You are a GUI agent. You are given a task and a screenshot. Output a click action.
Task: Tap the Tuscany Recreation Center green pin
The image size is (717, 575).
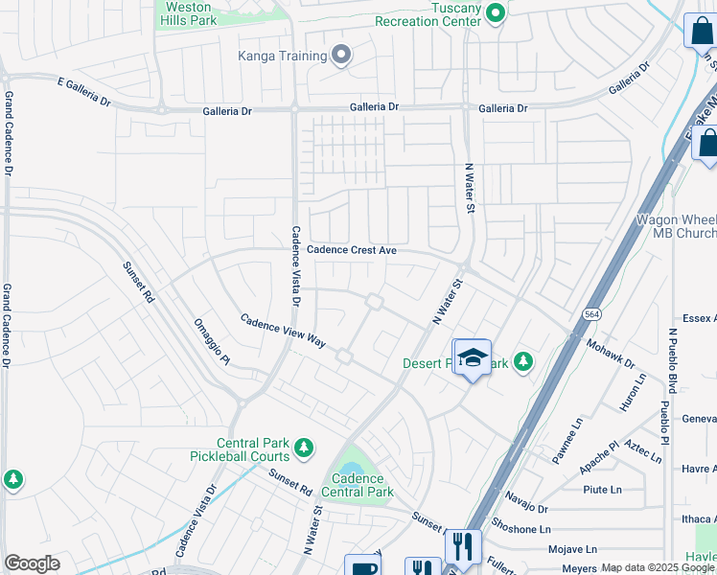(x=496, y=12)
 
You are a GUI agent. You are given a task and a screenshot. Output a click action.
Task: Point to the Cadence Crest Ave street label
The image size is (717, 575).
(x=352, y=250)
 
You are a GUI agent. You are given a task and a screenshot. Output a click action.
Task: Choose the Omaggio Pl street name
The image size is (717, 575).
(x=212, y=342)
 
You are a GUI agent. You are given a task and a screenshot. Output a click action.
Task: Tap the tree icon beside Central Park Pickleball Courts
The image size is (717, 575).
(x=303, y=448)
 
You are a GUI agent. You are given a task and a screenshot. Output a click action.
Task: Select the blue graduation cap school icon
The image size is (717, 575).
(x=472, y=357)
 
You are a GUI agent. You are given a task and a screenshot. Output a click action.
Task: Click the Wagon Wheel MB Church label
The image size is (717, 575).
(x=677, y=226)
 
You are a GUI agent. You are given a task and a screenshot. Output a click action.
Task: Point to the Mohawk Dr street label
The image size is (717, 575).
(x=610, y=353)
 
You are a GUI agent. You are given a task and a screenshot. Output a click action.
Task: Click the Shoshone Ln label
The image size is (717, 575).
(x=520, y=529)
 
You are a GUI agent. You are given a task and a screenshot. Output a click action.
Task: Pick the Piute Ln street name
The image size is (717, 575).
(x=602, y=490)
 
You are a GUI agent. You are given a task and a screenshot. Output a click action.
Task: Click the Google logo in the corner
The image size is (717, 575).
(x=32, y=563)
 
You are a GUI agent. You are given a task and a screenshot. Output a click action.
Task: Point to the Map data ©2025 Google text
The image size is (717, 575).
(x=658, y=568)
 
